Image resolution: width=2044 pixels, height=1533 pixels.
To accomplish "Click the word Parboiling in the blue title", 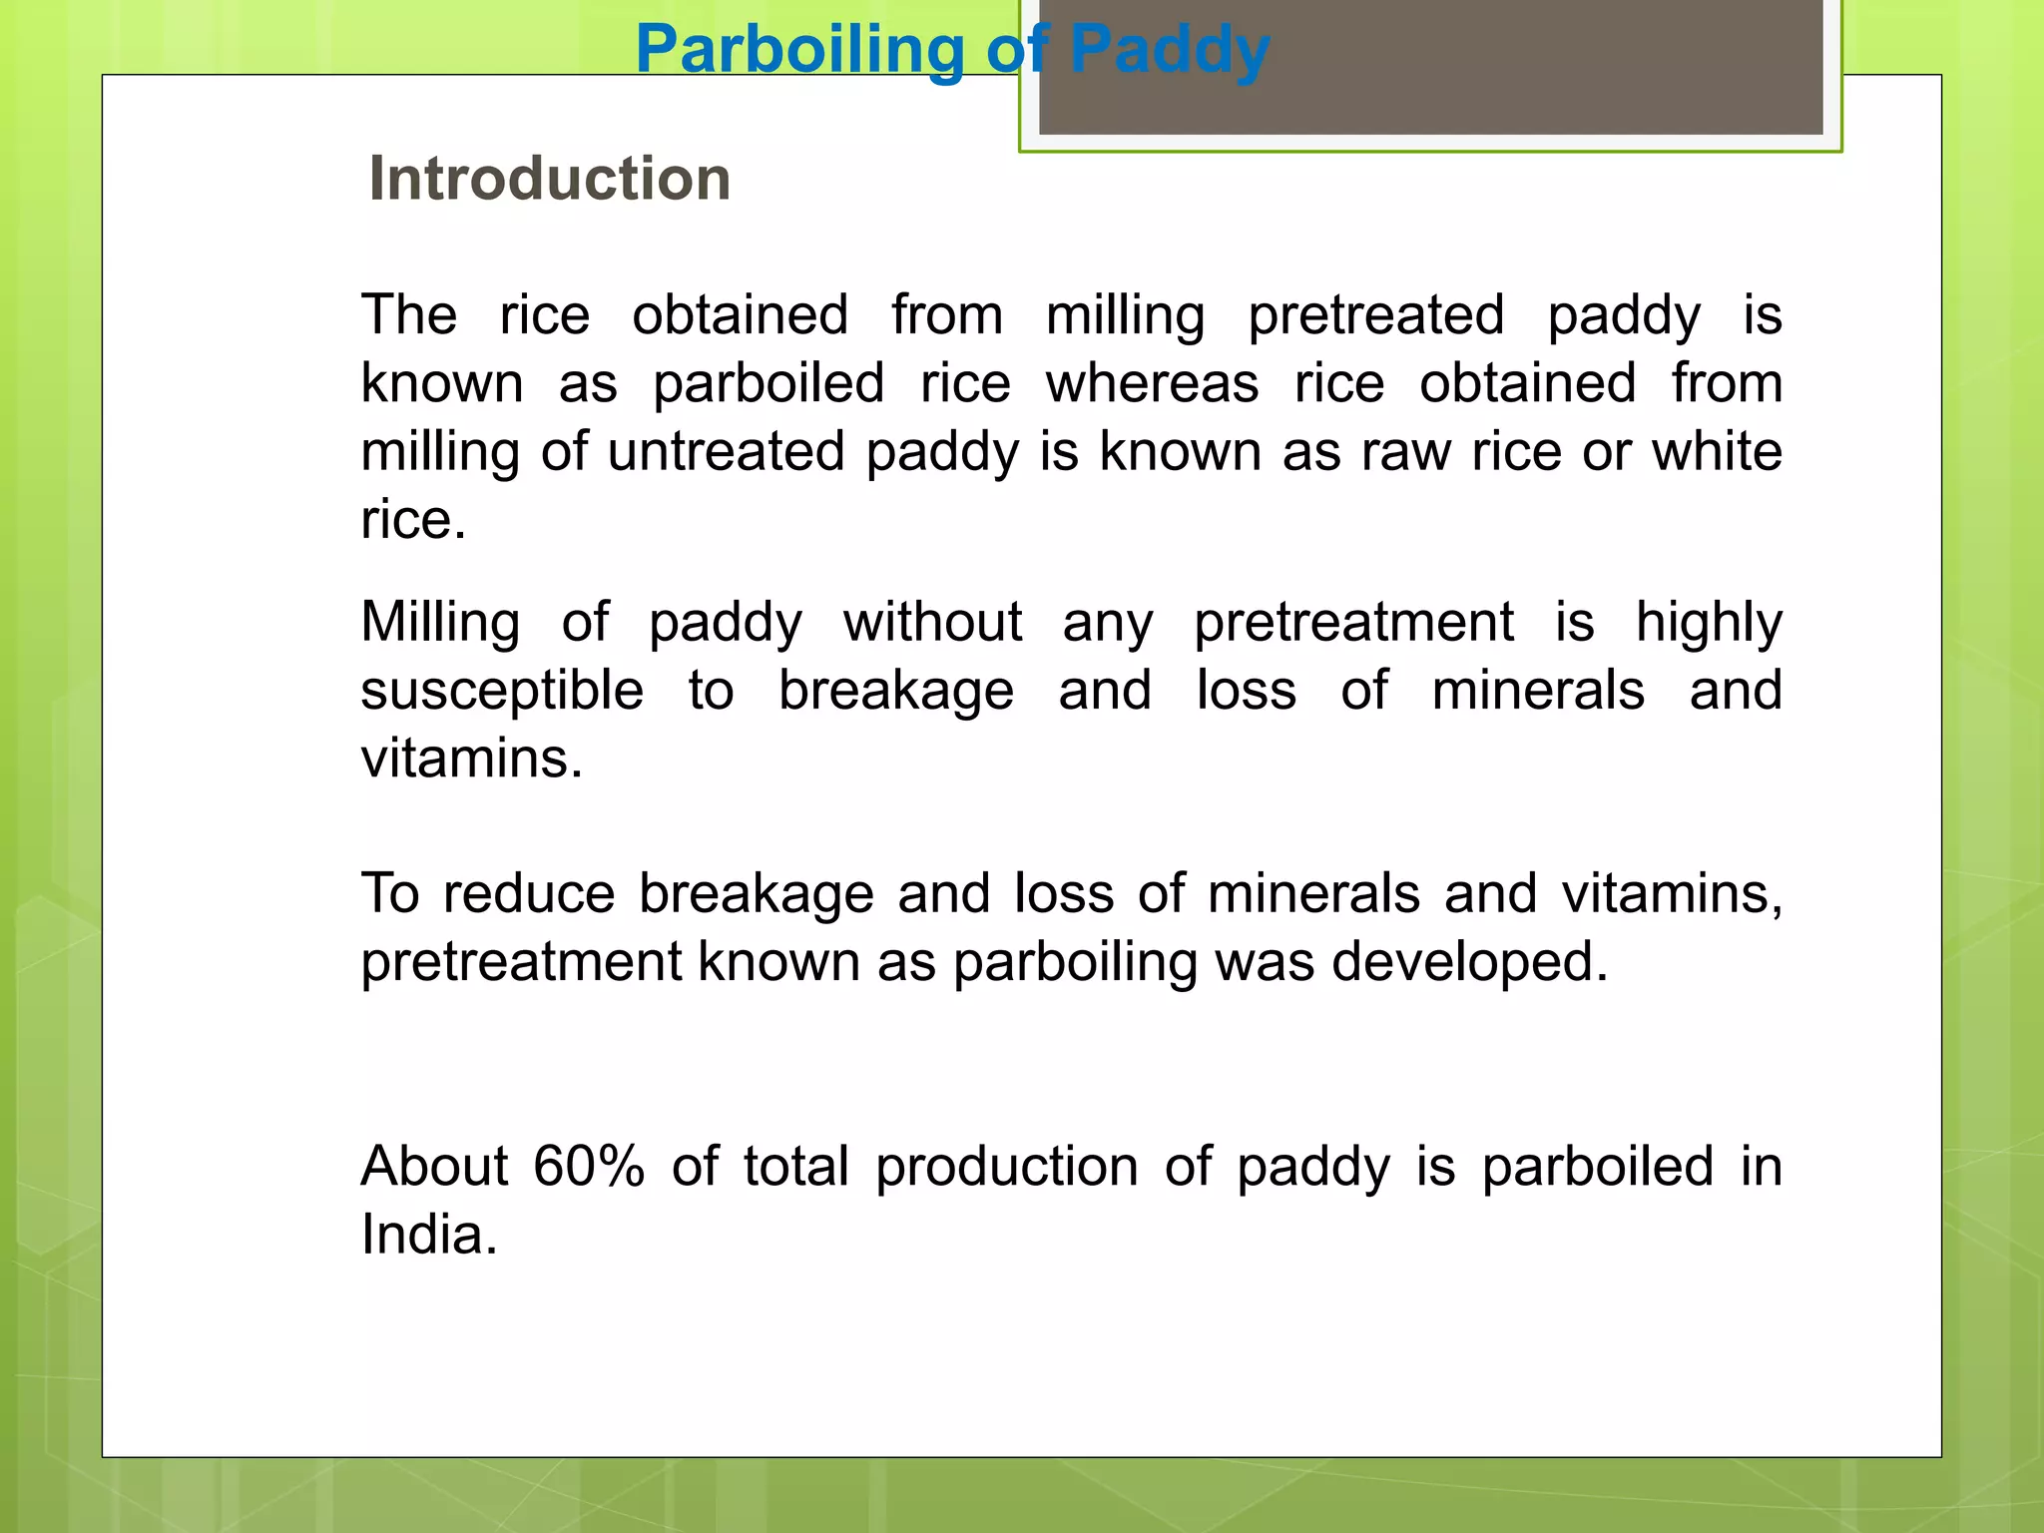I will [799, 50].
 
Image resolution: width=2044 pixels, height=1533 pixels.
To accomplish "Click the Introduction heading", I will [549, 179].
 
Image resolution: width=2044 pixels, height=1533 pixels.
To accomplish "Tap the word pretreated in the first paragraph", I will [1375, 315].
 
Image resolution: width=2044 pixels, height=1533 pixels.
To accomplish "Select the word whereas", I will [1152, 383].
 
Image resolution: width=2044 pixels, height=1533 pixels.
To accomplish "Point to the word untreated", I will [727, 451].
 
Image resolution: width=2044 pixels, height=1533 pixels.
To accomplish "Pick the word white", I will [1717, 451].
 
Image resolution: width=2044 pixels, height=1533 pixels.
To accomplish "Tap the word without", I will [932, 622].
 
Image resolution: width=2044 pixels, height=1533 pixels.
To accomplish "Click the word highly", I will [1709, 624].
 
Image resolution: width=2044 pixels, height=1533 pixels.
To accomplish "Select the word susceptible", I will [502, 692].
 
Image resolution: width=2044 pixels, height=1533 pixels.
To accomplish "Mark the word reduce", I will [528, 893].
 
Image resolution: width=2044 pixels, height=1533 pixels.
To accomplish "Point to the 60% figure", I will [589, 1166].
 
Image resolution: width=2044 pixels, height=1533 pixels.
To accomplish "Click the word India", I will [428, 1235].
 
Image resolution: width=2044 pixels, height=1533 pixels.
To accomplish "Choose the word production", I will [1006, 1167].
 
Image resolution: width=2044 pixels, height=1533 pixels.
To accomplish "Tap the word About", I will [434, 1166].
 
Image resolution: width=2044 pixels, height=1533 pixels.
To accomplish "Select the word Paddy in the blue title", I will [1169, 50].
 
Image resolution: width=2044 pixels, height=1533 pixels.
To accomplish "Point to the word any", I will [1108, 624].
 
